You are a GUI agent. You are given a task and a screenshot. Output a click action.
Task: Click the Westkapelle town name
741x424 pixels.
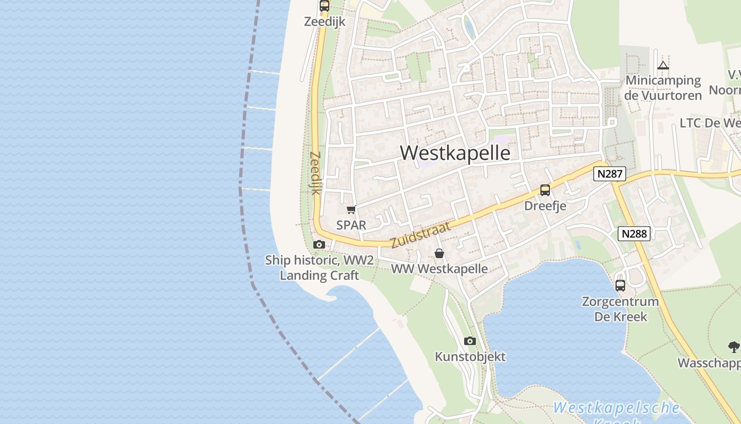[455, 153]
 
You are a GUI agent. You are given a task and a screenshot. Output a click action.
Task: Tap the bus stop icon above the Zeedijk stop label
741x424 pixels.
[324, 6]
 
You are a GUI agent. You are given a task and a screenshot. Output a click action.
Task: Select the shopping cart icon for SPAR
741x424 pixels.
[351, 210]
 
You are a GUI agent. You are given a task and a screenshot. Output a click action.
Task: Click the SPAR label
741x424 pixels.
[351, 225]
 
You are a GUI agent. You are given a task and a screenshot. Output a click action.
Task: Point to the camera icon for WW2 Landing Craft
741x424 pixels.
[319, 244]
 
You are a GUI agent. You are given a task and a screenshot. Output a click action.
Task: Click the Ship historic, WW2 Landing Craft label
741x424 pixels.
[319, 268]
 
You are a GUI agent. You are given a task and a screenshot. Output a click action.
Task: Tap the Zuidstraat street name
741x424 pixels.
[421, 235]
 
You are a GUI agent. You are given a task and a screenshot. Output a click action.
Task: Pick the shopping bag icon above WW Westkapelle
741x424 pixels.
[439, 254]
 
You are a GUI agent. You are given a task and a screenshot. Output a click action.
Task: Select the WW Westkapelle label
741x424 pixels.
[439, 269]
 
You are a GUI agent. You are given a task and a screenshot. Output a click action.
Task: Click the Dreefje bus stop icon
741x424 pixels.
[545, 190]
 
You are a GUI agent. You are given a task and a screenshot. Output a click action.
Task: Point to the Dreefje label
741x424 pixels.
[545, 206]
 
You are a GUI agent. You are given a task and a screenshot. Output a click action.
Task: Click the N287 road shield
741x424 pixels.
[610, 174]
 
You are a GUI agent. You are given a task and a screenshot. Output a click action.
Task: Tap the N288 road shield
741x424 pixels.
[634, 234]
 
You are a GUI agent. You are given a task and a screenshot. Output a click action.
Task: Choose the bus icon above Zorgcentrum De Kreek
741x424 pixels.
[620, 285]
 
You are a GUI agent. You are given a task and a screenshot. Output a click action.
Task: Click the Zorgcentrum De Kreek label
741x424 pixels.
[620, 309]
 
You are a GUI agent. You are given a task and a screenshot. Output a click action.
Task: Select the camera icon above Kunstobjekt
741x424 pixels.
[470, 341]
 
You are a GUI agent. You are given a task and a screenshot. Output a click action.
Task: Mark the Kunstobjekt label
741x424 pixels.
[470, 357]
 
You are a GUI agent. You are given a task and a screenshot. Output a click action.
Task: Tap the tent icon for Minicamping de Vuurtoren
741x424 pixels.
[663, 66]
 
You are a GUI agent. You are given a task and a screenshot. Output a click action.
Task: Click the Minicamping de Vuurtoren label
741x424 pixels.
[663, 88]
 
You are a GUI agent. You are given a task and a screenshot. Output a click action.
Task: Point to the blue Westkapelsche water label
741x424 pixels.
[617, 408]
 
